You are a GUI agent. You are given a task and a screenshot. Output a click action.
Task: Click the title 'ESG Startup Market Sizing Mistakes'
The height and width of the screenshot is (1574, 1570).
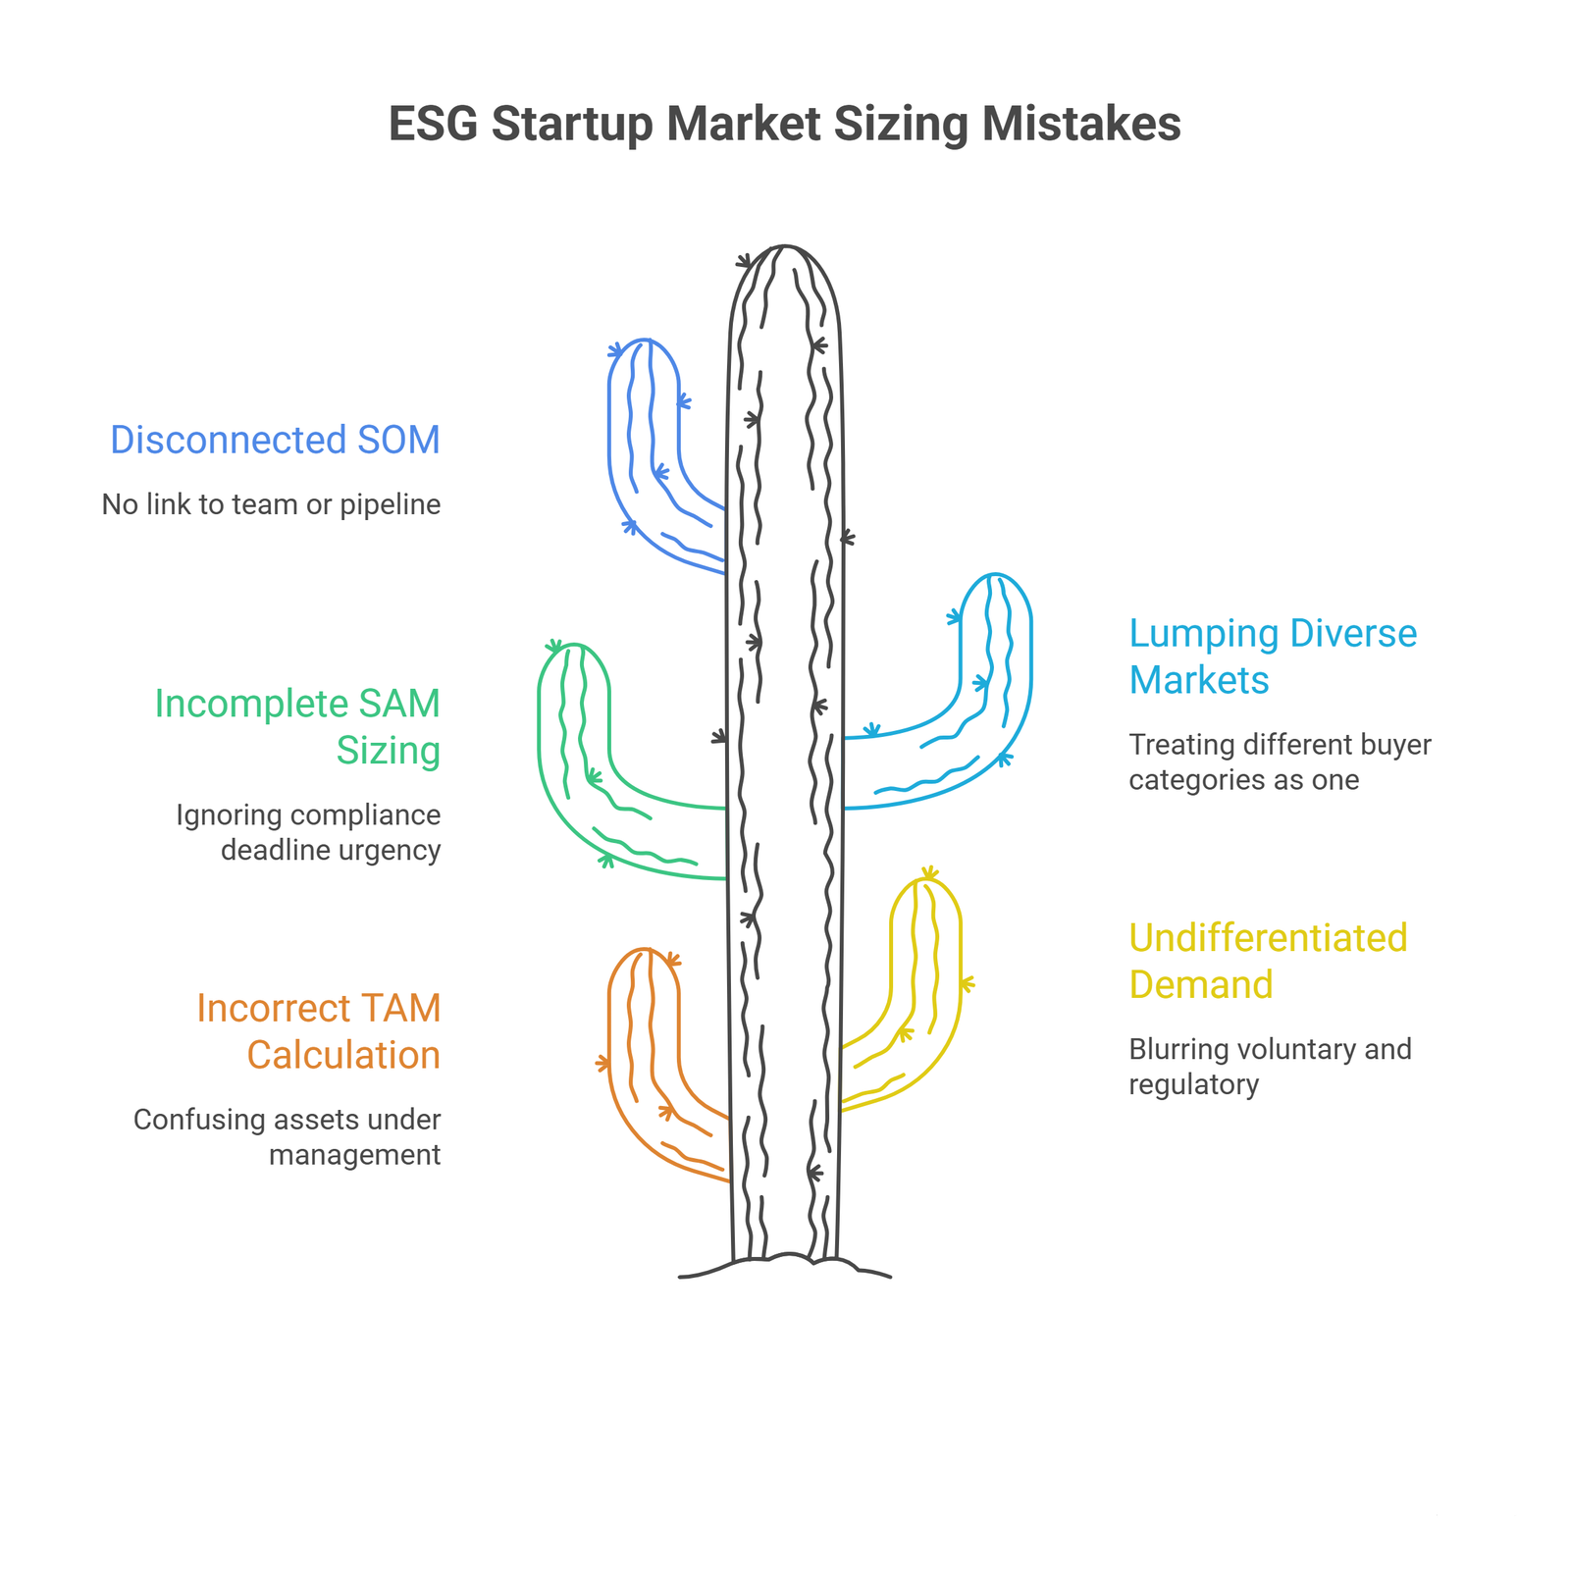(x=785, y=125)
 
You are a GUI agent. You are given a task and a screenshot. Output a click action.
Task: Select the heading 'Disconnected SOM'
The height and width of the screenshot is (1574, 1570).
(x=275, y=440)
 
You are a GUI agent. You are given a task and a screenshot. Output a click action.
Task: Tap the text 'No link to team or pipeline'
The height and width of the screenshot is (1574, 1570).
(x=272, y=504)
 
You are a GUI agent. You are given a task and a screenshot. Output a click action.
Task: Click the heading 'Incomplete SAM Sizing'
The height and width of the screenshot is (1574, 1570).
(x=297, y=726)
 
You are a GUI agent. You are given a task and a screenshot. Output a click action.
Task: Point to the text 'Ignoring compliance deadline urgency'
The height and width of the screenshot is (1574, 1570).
(x=308, y=832)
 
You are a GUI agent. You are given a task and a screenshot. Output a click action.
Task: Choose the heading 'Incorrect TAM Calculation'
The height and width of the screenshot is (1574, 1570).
(x=319, y=1031)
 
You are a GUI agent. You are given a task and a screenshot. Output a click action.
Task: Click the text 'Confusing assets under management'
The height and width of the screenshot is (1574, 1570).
(x=288, y=1137)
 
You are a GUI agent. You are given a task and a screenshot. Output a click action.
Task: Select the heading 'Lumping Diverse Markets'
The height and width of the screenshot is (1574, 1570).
(x=1273, y=656)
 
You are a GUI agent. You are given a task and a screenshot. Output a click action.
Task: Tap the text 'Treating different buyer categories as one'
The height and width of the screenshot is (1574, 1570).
(x=1280, y=762)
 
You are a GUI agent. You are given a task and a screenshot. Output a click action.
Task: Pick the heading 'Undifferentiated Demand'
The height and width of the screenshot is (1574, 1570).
(x=1268, y=961)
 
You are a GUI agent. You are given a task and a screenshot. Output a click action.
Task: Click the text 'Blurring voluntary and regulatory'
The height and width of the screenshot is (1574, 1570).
(x=1270, y=1067)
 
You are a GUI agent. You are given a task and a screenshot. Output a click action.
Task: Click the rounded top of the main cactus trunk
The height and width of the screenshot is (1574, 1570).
(x=785, y=247)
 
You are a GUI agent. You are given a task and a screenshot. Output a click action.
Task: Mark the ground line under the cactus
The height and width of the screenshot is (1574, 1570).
(x=785, y=1261)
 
